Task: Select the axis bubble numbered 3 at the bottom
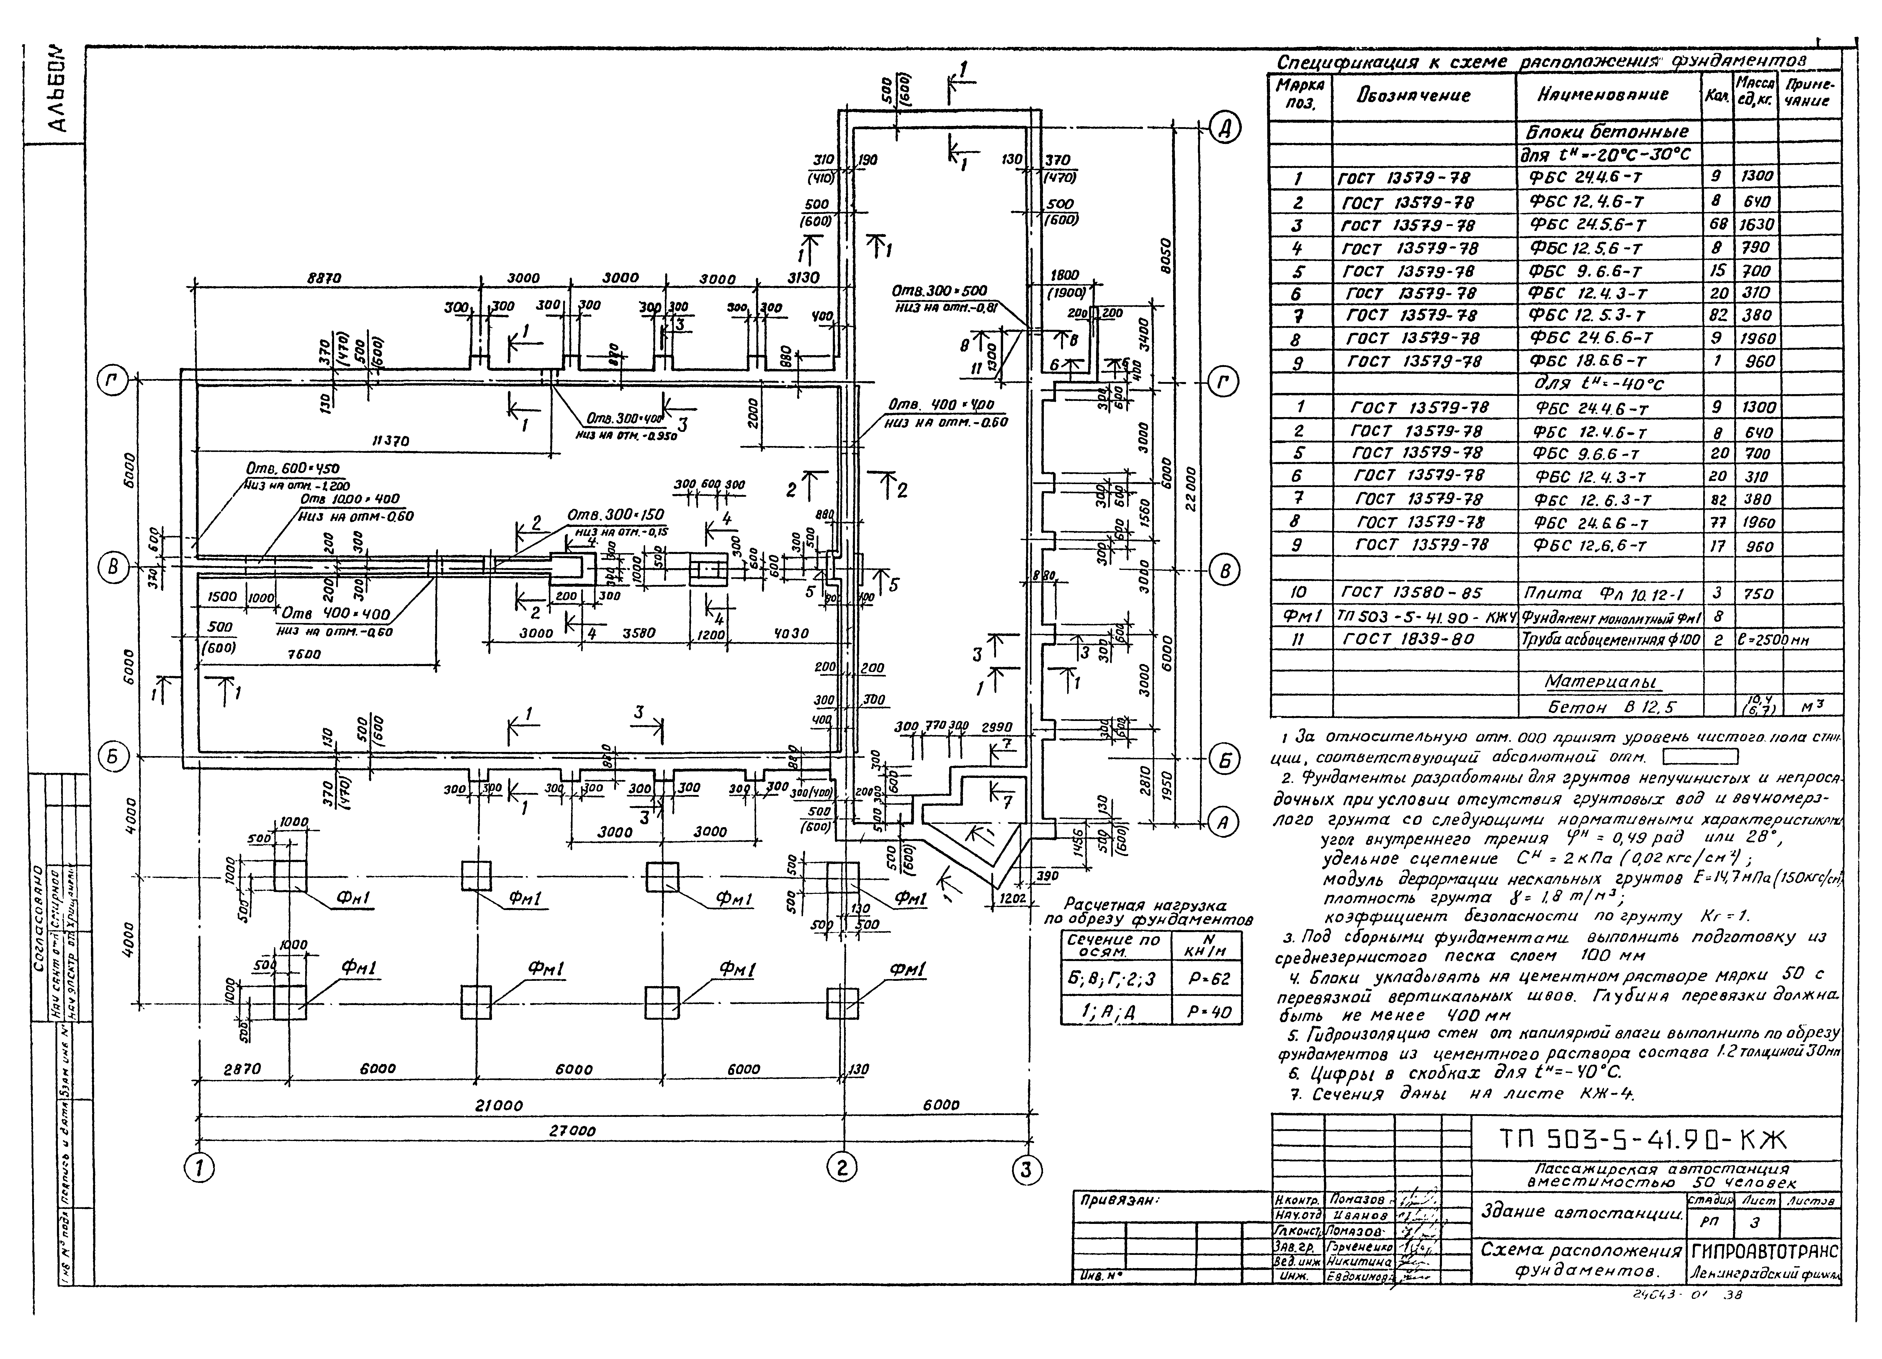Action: (x=1026, y=1171)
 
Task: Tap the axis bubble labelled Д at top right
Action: (x=1225, y=129)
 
